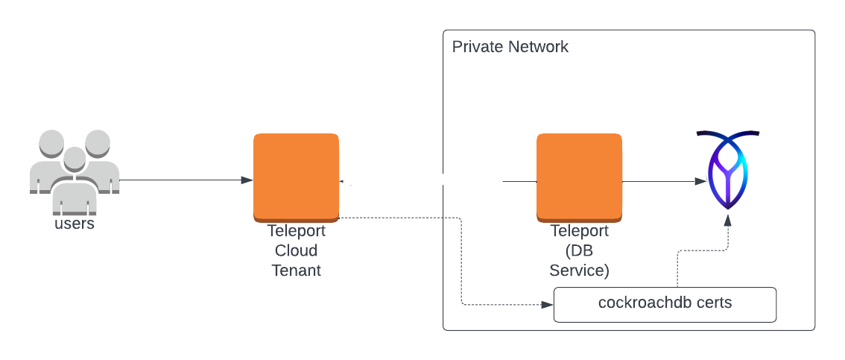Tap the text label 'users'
(x=75, y=224)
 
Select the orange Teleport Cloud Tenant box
(x=296, y=177)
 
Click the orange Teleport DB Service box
(x=579, y=177)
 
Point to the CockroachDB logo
(x=728, y=170)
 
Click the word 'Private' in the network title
(x=478, y=47)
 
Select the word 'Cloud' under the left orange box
(x=296, y=250)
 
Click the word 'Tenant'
(x=296, y=270)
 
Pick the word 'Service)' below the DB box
(x=579, y=270)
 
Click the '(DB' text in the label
(x=579, y=250)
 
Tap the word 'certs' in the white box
(x=709, y=303)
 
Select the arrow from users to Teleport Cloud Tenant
(x=186, y=180)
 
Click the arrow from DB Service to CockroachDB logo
(x=663, y=181)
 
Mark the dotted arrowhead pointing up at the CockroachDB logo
(x=728, y=220)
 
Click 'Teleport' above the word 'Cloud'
(x=296, y=231)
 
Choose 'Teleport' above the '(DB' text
(x=579, y=231)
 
